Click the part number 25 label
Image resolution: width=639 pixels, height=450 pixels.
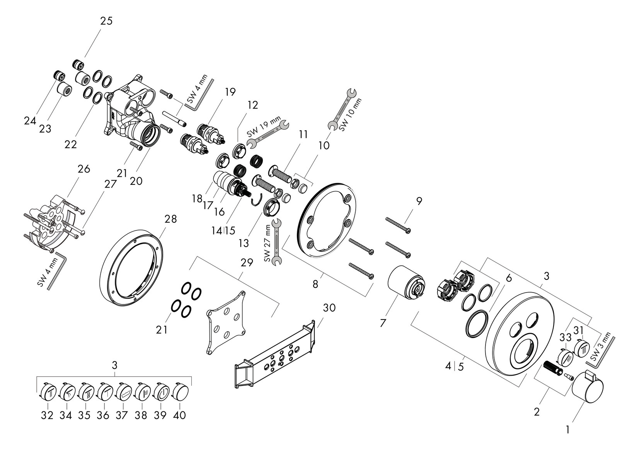tap(106, 21)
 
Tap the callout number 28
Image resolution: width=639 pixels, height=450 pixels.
tap(170, 219)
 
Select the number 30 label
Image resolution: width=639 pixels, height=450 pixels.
tap(329, 308)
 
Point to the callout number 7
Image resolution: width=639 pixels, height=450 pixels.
tap(383, 323)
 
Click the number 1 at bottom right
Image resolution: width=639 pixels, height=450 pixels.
tap(567, 430)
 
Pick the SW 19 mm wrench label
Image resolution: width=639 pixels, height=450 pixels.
tap(264, 127)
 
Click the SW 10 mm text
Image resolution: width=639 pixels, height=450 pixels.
tap(350, 115)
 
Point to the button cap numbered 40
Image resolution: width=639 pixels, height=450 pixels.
tap(180, 392)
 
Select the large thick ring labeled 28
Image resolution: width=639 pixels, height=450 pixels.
tap(132, 270)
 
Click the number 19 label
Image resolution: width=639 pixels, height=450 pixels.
tap(230, 92)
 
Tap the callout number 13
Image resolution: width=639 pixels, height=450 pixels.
tap(244, 243)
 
